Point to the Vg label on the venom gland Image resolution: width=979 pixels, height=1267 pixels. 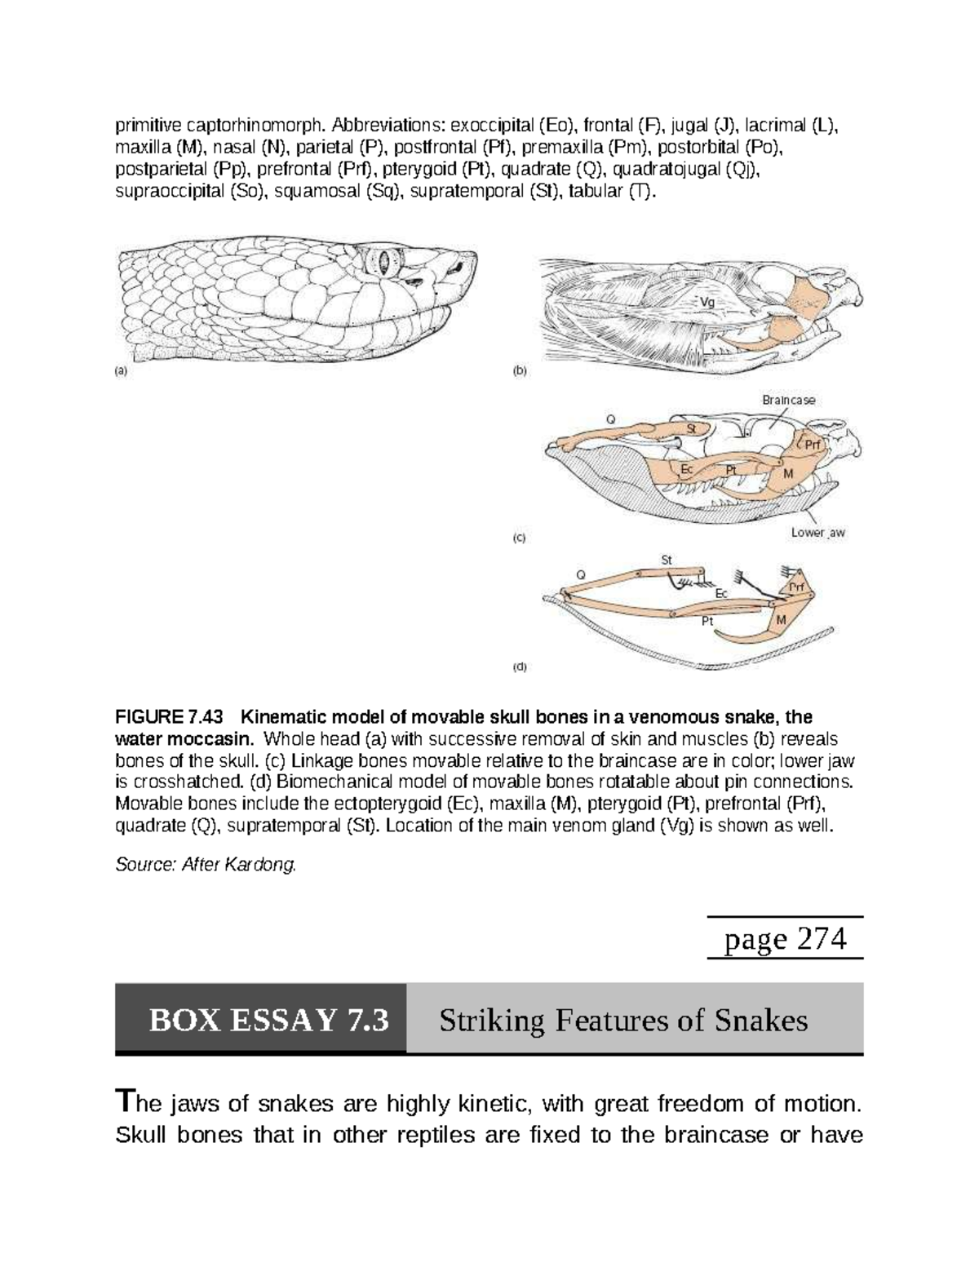[708, 301]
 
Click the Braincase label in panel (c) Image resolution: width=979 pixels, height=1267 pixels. [788, 400]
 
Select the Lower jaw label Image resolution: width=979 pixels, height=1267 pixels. [817, 533]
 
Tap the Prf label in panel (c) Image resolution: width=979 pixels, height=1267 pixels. [813, 445]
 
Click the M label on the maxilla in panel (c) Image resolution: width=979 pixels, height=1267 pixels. [788, 473]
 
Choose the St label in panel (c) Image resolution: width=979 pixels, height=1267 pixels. [690, 428]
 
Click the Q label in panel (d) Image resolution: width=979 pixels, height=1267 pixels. [581, 574]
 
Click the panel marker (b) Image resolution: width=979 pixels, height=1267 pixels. [520, 370]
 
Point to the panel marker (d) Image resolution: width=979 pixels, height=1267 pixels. [520, 667]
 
